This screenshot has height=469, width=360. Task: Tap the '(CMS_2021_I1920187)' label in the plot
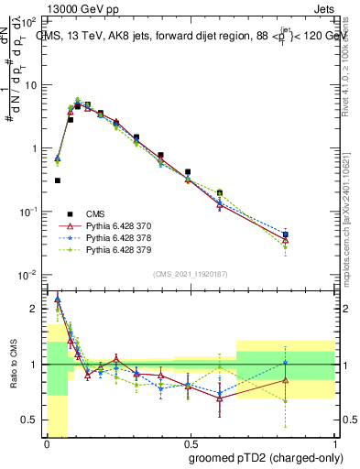tap(189, 275)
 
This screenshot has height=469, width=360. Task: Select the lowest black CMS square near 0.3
tap(58, 180)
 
